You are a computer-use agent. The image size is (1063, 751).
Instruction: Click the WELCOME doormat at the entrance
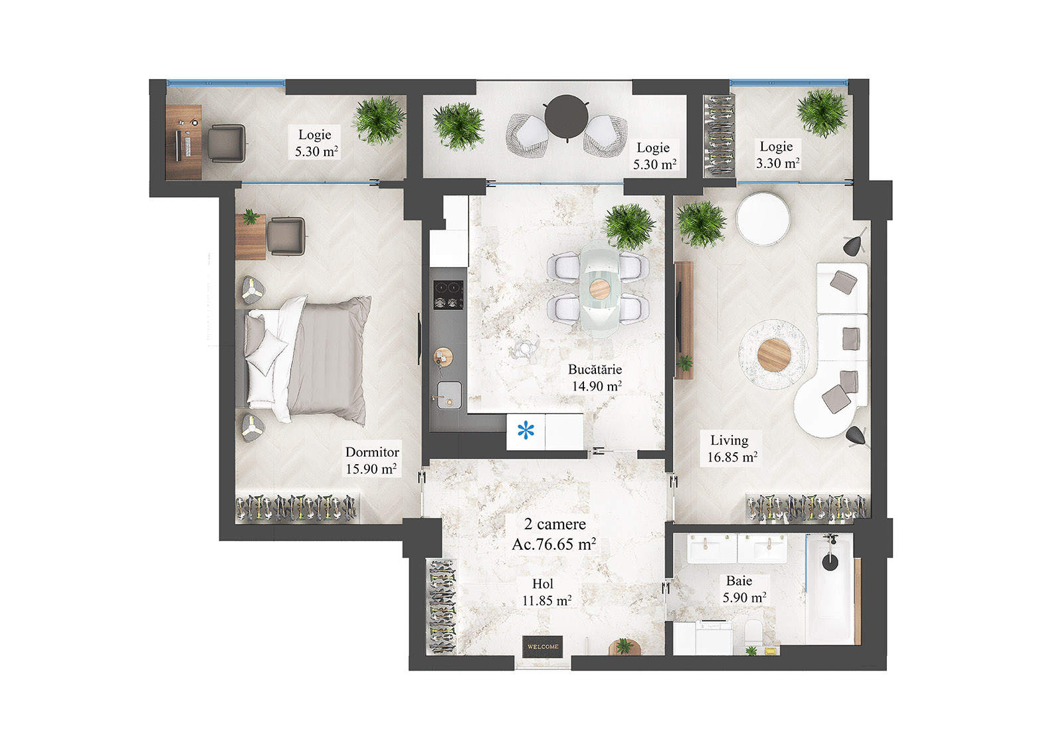click(x=543, y=647)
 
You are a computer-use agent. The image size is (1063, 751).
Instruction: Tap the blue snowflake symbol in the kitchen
click(x=526, y=432)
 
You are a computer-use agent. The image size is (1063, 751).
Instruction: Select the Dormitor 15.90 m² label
click(x=371, y=460)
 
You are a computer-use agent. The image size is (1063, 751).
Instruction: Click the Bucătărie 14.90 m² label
click(x=595, y=378)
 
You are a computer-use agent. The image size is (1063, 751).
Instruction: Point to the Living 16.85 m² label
click(x=731, y=448)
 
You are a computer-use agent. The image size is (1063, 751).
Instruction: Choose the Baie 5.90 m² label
click(x=743, y=589)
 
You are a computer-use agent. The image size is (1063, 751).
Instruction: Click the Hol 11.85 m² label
click(x=545, y=592)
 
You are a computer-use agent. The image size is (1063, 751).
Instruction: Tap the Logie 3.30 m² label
click(x=777, y=155)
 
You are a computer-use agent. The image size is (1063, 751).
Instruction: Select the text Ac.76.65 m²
click(x=553, y=544)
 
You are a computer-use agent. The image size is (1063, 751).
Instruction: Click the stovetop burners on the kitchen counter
click(x=448, y=295)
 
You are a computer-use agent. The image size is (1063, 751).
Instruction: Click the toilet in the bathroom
click(x=755, y=631)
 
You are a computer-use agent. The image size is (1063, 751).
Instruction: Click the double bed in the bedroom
click(x=306, y=359)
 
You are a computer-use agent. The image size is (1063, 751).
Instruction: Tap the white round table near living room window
click(x=763, y=218)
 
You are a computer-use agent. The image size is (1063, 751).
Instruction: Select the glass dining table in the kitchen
click(x=599, y=290)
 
